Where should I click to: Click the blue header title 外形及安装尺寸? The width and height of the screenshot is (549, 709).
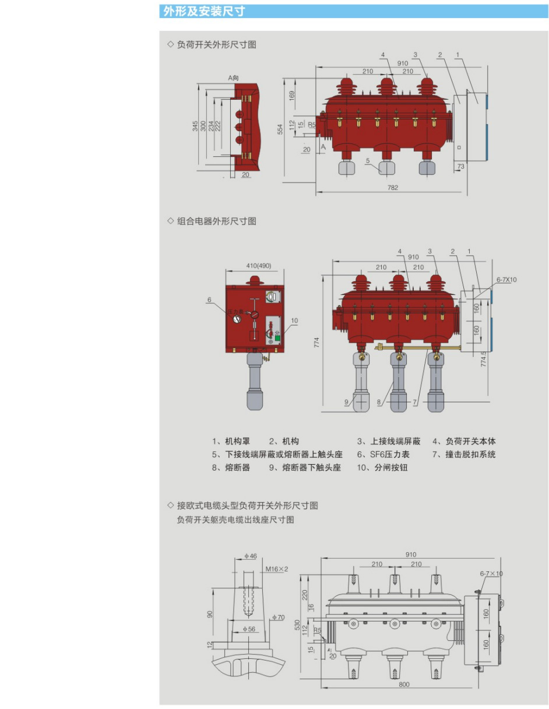[x=204, y=11]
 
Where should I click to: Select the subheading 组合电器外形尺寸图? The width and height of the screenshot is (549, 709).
[x=216, y=221]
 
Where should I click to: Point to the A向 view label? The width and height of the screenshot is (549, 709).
[x=234, y=78]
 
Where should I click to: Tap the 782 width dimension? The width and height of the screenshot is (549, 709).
[x=393, y=187]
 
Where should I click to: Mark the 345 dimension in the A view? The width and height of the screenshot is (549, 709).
[x=195, y=125]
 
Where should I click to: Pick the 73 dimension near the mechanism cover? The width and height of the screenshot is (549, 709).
[x=461, y=167]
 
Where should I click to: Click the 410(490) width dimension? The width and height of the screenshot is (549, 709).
[x=255, y=266]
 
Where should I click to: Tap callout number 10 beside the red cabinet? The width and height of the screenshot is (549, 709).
[x=294, y=320]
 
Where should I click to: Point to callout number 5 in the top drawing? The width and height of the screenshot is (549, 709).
[x=368, y=160]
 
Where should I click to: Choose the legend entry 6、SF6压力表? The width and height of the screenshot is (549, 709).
[x=383, y=454]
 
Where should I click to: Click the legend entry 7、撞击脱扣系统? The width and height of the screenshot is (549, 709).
[x=464, y=454]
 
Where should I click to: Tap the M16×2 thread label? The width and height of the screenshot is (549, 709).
[x=277, y=568]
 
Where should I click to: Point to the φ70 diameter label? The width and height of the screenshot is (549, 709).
[x=278, y=617]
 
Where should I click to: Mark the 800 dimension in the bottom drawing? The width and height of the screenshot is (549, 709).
[x=404, y=685]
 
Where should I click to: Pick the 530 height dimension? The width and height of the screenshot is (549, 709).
[x=298, y=624]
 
